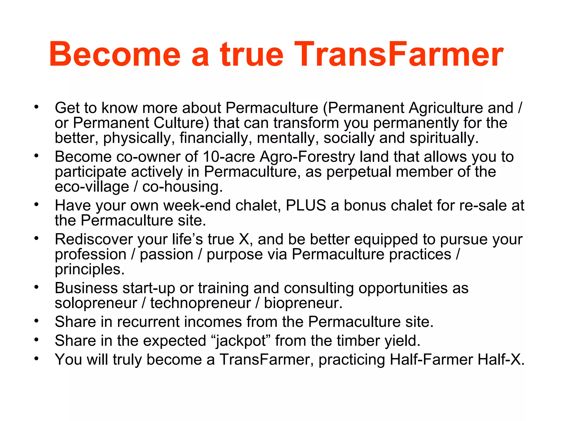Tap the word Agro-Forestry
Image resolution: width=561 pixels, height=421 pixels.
[307, 157]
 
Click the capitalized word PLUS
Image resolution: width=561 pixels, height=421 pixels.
[306, 205]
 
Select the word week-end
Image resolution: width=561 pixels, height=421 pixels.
[197, 205]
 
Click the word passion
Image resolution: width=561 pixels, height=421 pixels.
[167, 254]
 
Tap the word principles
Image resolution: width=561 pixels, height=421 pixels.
[90, 269]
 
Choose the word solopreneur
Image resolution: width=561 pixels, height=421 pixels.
[96, 303]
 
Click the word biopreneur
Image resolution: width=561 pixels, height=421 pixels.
[303, 303]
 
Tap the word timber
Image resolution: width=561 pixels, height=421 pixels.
[358, 341]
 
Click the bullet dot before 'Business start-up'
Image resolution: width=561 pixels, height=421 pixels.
[36, 287]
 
